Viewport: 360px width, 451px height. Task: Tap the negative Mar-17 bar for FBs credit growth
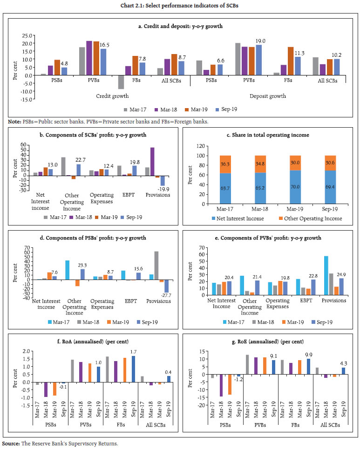[121, 82]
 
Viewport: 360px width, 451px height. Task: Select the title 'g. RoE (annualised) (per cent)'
[266, 338]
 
